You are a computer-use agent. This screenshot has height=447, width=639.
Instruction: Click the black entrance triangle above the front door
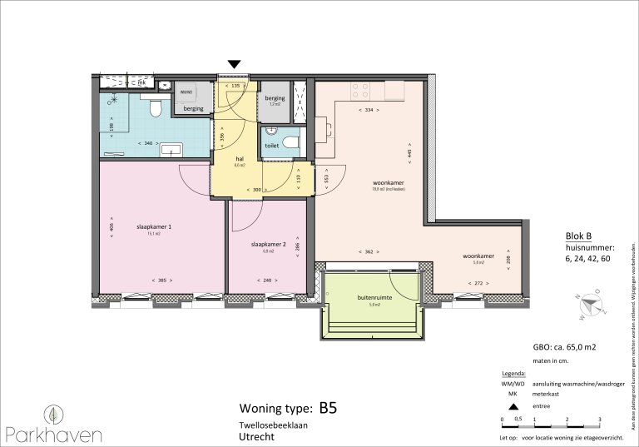pos(235,64)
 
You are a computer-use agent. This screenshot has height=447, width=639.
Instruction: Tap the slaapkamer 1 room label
pos(153,226)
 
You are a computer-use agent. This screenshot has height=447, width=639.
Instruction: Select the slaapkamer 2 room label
pos(268,245)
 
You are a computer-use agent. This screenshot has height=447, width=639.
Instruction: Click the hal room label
pos(239,158)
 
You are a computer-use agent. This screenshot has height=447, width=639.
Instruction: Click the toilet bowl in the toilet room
pos(290,143)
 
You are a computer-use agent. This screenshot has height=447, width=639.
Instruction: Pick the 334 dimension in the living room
pos(368,109)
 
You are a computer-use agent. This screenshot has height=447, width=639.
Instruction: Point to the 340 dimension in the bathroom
pos(148,143)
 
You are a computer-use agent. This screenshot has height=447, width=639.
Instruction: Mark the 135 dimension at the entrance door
pos(235,86)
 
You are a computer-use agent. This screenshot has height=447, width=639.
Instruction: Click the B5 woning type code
pos(327,408)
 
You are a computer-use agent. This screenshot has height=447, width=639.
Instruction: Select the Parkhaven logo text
pos(54,433)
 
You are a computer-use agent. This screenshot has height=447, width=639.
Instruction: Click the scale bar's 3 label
pos(599,419)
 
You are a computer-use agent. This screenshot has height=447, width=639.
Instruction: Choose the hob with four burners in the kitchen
pos(360,87)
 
